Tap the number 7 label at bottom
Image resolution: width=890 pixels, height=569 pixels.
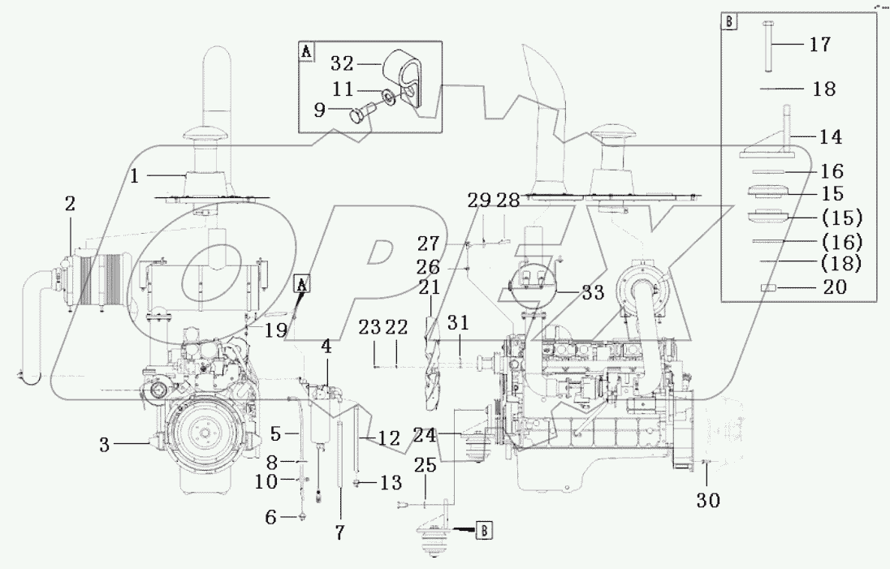pos(339,532)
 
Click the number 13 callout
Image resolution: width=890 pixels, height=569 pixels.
pos(391,483)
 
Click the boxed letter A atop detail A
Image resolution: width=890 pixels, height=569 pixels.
pos(306,52)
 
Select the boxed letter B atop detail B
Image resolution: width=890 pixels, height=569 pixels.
pos(729,23)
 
